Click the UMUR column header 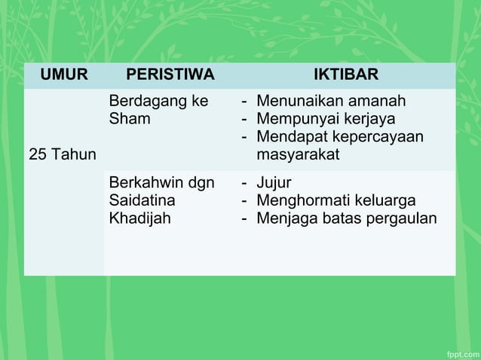(x=64, y=75)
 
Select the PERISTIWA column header (x=170, y=75)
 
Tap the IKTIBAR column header (x=346, y=75)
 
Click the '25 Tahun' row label (x=63, y=155)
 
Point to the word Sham (x=130, y=119)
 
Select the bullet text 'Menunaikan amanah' (x=331, y=101)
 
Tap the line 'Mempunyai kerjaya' (x=326, y=119)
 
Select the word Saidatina (x=142, y=200)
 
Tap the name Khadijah (x=139, y=218)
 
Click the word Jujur (x=274, y=183)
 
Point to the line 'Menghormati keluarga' (x=335, y=200)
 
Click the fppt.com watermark (x=460, y=352)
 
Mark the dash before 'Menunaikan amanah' (x=244, y=101)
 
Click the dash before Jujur (x=244, y=183)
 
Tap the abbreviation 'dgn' (x=201, y=183)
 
